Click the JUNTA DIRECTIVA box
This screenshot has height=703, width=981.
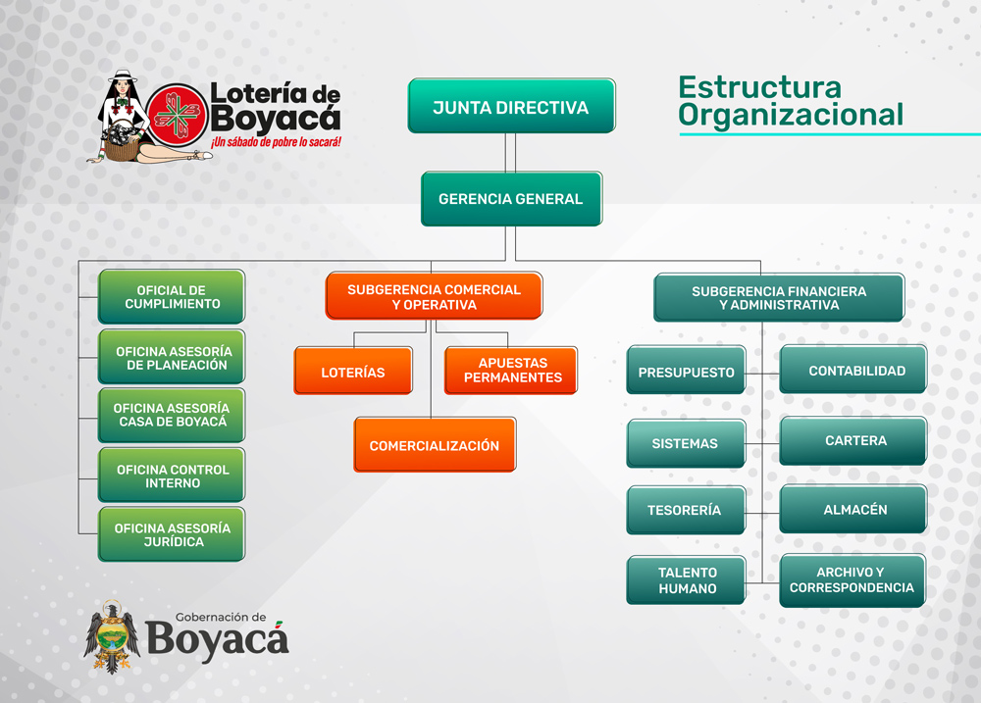click(511, 106)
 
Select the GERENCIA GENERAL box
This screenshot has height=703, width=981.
click(511, 199)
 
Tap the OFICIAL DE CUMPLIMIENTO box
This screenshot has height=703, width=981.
click(172, 296)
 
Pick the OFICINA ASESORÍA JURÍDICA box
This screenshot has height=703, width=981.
click(172, 534)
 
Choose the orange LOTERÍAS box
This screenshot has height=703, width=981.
click(353, 371)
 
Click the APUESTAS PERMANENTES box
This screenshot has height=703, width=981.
click(510, 371)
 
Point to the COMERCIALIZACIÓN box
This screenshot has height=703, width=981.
click(435, 445)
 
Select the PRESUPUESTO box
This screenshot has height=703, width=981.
click(686, 370)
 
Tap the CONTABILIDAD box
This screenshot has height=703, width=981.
click(852, 369)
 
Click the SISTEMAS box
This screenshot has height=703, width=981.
click(686, 443)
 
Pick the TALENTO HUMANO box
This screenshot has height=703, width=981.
click(686, 579)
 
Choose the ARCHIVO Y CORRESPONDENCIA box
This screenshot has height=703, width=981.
click(852, 580)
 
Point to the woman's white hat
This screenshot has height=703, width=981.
click(123, 75)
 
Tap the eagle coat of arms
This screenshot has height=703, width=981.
click(112, 637)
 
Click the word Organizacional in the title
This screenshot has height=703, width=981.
click(791, 116)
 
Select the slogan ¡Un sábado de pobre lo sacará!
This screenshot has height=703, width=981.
click(276, 142)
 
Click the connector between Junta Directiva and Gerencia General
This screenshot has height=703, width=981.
click(510, 153)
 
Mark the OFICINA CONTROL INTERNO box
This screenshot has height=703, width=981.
click(172, 475)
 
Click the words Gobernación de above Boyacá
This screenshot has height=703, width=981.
click(221, 618)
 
